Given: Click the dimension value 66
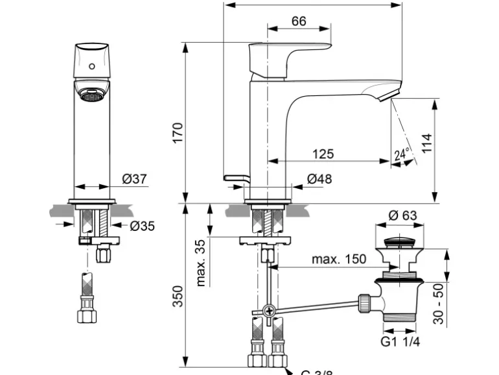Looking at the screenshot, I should click(298, 21).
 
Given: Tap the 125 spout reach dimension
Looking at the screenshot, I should click(322, 154).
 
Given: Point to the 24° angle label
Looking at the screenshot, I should click(402, 155).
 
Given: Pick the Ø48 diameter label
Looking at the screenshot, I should click(319, 179).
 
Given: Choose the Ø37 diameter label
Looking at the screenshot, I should click(134, 179).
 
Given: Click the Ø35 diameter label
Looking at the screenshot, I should click(143, 226).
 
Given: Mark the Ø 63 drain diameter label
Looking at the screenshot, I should click(403, 216).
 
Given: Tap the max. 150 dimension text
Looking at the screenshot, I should click(339, 259).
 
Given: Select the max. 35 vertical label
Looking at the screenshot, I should click(201, 262).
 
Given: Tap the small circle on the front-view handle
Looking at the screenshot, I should click(91, 66).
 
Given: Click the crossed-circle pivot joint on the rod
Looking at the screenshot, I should click(270, 311).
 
